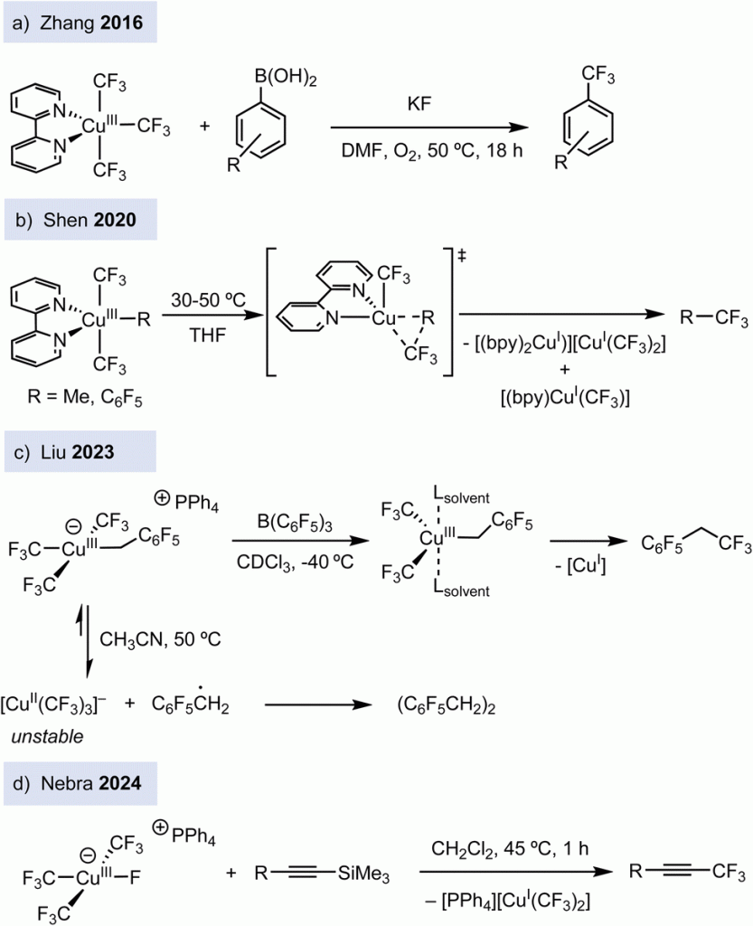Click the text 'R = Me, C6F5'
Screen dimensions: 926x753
pyautogui.click(x=65, y=395)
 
